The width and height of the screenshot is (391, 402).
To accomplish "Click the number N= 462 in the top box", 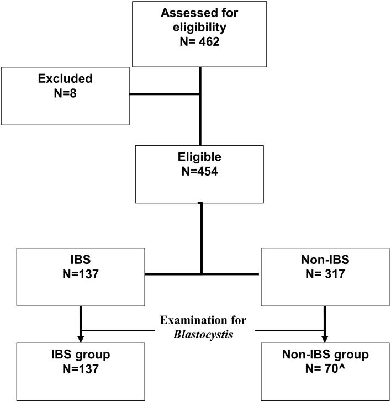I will [200, 41].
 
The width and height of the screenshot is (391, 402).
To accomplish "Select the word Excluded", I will [65, 79].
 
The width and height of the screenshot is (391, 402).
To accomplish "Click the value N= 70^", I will [324, 368].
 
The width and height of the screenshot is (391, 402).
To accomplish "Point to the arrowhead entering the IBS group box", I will [81, 338].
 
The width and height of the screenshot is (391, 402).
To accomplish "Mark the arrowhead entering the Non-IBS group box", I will [324, 338].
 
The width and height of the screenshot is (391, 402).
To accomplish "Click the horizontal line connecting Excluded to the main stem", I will [164, 93].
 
